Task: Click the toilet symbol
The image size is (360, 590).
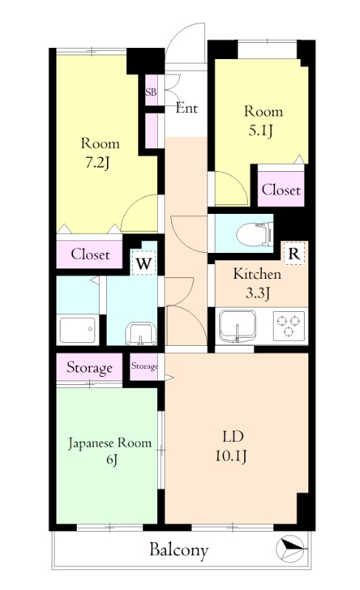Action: (255, 234)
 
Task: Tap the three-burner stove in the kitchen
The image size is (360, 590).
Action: (288, 326)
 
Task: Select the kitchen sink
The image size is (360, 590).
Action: (238, 326)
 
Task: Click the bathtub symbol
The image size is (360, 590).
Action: (77, 330)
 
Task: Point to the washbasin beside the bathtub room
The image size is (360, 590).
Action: (141, 334)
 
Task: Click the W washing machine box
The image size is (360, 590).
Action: (143, 264)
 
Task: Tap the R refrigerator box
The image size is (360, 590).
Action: (294, 254)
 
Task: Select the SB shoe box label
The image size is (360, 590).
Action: (151, 91)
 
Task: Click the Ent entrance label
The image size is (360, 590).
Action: (187, 108)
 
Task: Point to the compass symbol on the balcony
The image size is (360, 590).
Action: (290, 549)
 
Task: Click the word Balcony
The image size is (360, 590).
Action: (179, 550)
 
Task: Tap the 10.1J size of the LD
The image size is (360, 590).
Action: (231, 456)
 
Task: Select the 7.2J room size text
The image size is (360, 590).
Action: (97, 163)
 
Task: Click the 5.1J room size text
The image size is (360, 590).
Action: (260, 131)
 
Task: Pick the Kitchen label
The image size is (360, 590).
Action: (257, 274)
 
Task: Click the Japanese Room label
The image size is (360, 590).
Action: (110, 443)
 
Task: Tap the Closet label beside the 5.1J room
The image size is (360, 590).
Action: (281, 190)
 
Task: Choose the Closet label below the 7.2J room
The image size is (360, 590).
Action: (91, 254)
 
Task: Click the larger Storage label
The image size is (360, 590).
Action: (89, 367)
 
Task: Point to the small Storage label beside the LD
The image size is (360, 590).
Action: (145, 366)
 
